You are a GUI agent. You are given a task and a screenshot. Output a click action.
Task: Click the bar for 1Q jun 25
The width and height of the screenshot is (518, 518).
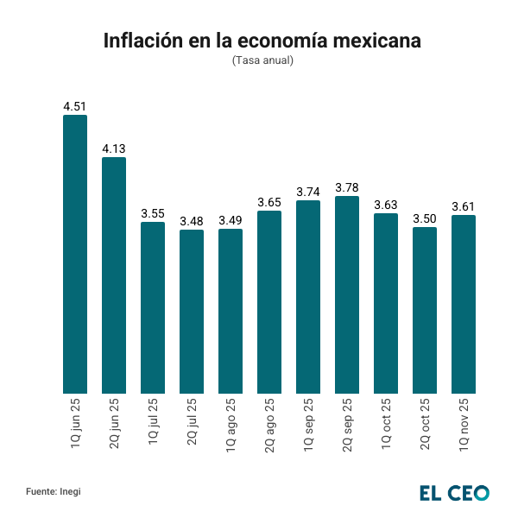coord(75,255)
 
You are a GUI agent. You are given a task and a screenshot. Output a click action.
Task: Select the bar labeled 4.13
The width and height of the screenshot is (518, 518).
coord(114,275)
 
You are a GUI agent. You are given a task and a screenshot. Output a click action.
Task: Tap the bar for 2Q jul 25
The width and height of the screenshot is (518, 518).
coord(192,312)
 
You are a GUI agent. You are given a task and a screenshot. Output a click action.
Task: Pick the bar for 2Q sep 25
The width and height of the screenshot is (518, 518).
coord(347,295)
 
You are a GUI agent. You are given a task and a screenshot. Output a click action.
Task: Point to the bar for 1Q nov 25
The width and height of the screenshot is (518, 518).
coord(464,305)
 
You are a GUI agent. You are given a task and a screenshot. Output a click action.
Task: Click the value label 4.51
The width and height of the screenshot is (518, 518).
coord(75,106)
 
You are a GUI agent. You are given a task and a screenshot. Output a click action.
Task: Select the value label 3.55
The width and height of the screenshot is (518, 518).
coord(153,213)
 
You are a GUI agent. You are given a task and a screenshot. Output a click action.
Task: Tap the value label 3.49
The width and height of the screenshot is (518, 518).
coord(231,220)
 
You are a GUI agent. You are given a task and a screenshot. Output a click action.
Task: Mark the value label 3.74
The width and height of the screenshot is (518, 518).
coord(308,192)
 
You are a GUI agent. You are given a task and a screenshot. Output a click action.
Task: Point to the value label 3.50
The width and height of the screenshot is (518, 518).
coord(425,218)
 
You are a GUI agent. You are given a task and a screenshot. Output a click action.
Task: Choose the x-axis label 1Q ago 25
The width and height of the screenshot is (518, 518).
coord(231,423)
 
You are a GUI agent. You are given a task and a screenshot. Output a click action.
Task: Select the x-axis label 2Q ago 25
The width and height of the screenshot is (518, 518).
coord(269,423)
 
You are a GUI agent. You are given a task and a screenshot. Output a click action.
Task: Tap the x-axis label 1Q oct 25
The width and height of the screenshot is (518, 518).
coord(386,422)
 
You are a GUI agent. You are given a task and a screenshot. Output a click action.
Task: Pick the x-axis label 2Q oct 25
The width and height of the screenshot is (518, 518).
coord(425,422)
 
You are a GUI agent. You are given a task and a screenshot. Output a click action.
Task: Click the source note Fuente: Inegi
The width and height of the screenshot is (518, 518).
coord(54,491)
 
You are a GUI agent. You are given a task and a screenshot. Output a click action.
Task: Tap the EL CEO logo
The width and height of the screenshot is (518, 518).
coord(454,492)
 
